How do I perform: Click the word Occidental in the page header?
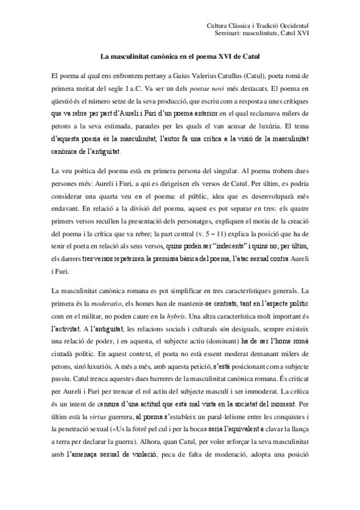point(293,26)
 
